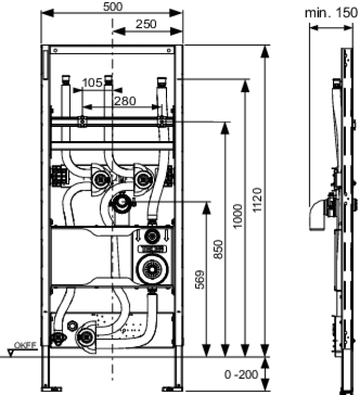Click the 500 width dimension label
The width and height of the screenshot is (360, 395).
click(113, 7)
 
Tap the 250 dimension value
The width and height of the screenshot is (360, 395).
click(146, 24)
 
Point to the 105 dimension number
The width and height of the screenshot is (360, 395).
click(92, 82)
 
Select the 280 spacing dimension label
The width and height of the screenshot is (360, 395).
click(125, 101)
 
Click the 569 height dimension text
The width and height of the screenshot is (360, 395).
click(200, 280)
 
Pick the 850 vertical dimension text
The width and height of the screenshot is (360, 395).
click(218, 249)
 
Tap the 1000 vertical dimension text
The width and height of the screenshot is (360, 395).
click(238, 216)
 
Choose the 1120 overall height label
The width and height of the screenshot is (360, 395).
click(257, 200)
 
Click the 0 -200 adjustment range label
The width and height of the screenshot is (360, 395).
click(241, 374)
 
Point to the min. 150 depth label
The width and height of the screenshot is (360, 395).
click(331, 13)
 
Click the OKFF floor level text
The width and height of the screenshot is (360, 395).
click(25, 345)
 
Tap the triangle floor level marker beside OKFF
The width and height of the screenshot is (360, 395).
click(11, 353)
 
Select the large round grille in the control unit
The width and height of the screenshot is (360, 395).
click(152, 269)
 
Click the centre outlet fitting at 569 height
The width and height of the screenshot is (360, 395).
click(122, 202)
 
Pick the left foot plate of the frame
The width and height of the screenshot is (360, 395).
click(52, 389)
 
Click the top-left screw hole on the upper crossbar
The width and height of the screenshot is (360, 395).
click(55, 50)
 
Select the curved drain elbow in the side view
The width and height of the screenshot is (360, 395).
click(318, 215)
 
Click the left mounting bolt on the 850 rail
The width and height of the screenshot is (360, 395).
click(82, 121)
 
